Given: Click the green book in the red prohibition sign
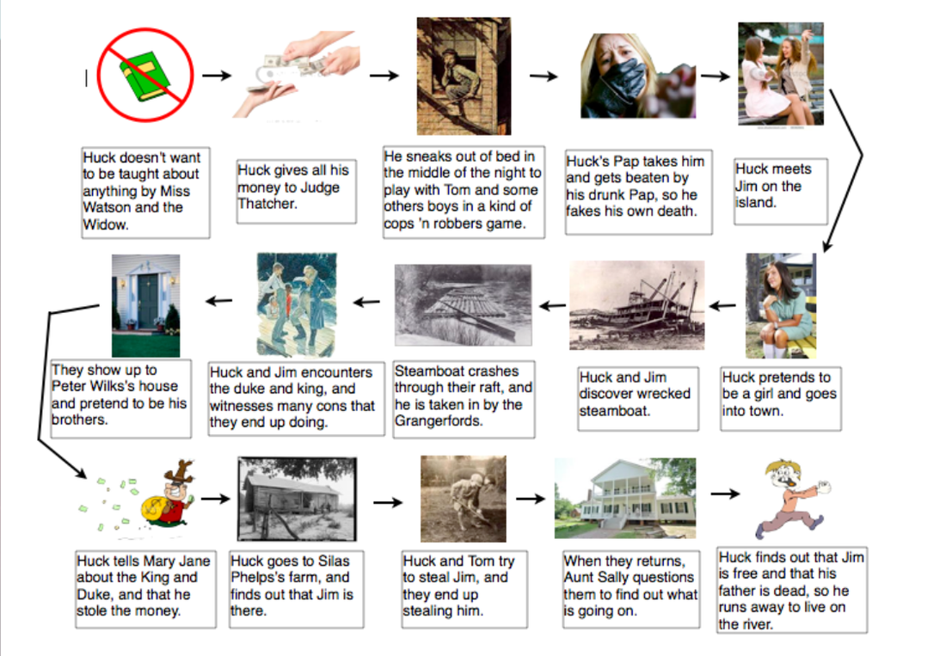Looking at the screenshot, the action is pyautogui.click(x=144, y=77).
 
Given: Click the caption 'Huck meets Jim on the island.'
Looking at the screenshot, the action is pyautogui.click(x=780, y=192).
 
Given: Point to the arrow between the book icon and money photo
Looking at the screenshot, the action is pyautogui.click(x=217, y=76).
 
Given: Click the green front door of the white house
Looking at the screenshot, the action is pyautogui.click(x=148, y=301).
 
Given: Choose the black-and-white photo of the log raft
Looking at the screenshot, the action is pyautogui.click(x=463, y=304).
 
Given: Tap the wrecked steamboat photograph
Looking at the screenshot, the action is pyautogui.click(x=636, y=305).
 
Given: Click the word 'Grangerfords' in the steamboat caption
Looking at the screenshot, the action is pyautogui.click(x=438, y=420).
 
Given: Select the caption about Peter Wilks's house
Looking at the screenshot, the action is pyautogui.click(x=120, y=399).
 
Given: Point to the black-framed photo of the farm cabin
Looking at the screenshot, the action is pyautogui.click(x=297, y=499).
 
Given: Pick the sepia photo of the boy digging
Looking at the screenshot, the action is pyautogui.click(x=463, y=499).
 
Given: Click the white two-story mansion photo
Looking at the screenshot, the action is pyautogui.click(x=625, y=498).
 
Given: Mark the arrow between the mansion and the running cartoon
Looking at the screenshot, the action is pyautogui.click(x=725, y=494).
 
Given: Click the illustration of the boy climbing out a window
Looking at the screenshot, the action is pyautogui.click(x=464, y=76).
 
